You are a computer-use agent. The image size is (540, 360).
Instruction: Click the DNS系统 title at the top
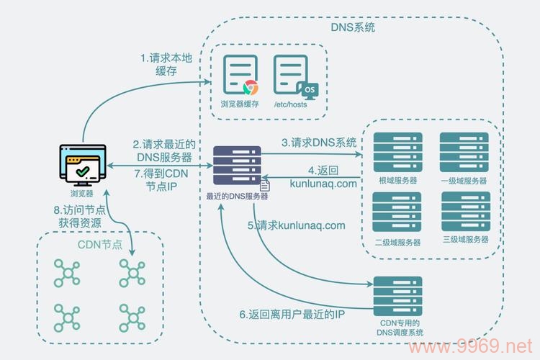tap(353, 28)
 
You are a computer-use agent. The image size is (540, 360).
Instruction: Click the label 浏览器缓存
tap(240, 105)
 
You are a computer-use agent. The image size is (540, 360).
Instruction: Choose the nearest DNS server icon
tap(237, 166)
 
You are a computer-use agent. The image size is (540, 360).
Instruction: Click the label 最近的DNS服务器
tap(237, 195)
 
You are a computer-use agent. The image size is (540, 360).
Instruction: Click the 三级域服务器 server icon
tap(465, 211)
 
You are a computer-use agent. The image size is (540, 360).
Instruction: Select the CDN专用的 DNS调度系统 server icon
tap(396, 294)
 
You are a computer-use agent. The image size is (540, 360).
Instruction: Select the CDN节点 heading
tap(100, 245)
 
